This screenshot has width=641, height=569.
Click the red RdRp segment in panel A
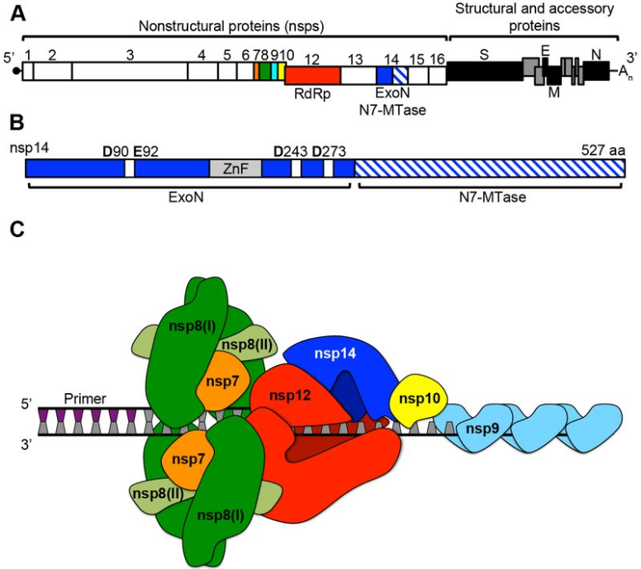(312, 75)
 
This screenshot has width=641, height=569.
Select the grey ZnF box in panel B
(235, 168)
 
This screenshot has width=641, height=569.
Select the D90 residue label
(113, 151)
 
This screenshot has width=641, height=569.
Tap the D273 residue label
(328, 151)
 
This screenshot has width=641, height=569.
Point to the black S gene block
(484, 72)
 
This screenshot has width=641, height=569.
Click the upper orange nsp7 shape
(222, 380)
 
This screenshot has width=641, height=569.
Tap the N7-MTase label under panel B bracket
(491, 198)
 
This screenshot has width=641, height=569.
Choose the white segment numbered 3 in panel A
(130, 71)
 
